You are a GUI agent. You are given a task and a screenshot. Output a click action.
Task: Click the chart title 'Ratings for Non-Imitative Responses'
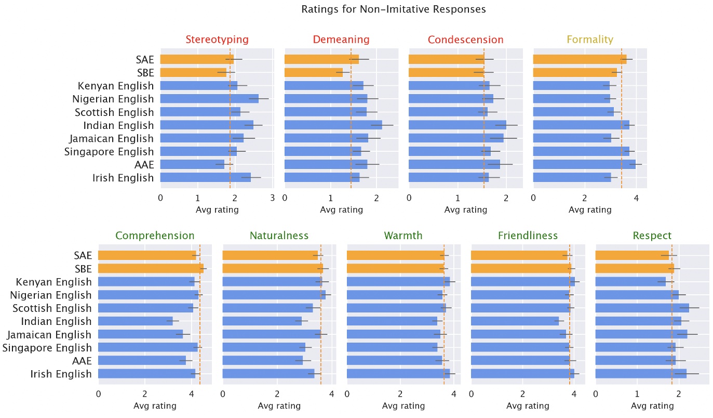[394, 9]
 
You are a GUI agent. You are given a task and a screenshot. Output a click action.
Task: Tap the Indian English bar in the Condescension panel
[458, 125]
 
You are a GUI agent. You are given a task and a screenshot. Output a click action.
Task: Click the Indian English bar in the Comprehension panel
[136, 321]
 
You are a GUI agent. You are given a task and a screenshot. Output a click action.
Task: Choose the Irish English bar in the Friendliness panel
[522, 374]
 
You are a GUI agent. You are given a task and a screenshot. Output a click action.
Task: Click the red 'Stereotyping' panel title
[217, 40]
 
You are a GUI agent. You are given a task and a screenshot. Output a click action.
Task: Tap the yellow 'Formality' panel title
[590, 40]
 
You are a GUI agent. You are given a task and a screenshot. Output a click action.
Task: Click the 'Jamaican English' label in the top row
[112, 138]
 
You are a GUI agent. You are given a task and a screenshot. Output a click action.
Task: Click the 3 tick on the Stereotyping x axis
[273, 198]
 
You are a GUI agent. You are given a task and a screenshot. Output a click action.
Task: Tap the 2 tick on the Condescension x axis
[506, 198]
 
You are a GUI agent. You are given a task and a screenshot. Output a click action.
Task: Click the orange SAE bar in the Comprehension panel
[147, 255]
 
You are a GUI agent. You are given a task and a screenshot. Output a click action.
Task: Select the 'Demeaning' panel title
[341, 40]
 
